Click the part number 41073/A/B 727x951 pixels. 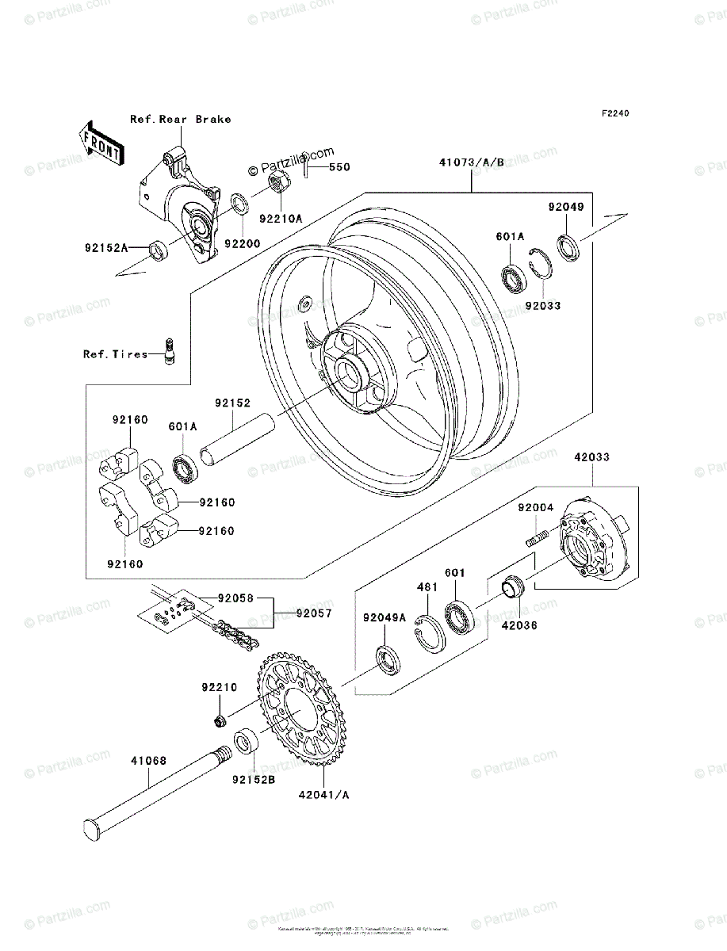tap(471, 163)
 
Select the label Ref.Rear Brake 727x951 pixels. tap(181, 119)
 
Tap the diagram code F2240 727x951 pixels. tap(614, 114)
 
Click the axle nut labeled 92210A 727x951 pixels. tap(278, 185)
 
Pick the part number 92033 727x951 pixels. tap(542, 304)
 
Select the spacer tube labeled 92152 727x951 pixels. tap(236, 441)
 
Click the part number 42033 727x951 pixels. tap(592, 458)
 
